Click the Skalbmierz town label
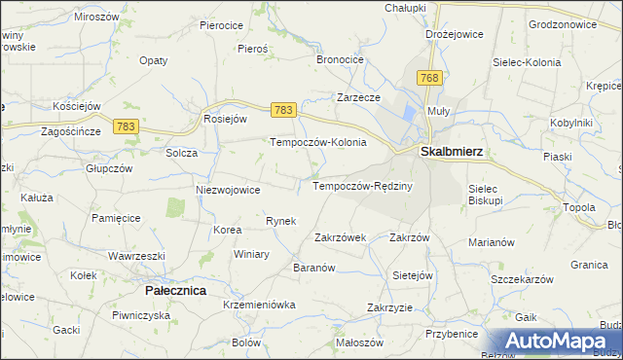451,152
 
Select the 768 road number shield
429,77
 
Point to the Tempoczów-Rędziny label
363,186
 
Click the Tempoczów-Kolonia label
317,142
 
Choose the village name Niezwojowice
228,190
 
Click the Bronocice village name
340,59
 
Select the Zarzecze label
357,97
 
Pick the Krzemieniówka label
258,306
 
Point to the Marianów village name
492,242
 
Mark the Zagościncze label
71,131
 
